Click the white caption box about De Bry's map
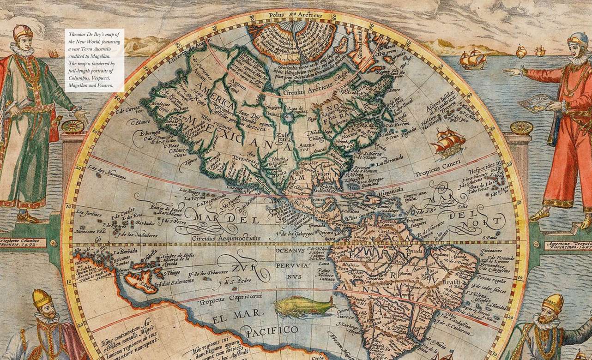(94, 60)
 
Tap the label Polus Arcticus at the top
(296, 15)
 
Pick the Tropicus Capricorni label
(230, 303)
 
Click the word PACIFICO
(272, 330)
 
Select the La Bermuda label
(389, 163)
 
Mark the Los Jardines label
(88, 213)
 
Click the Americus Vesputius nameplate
(568, 245)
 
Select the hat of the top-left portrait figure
(22, 32)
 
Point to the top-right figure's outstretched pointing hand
(510, 72)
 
